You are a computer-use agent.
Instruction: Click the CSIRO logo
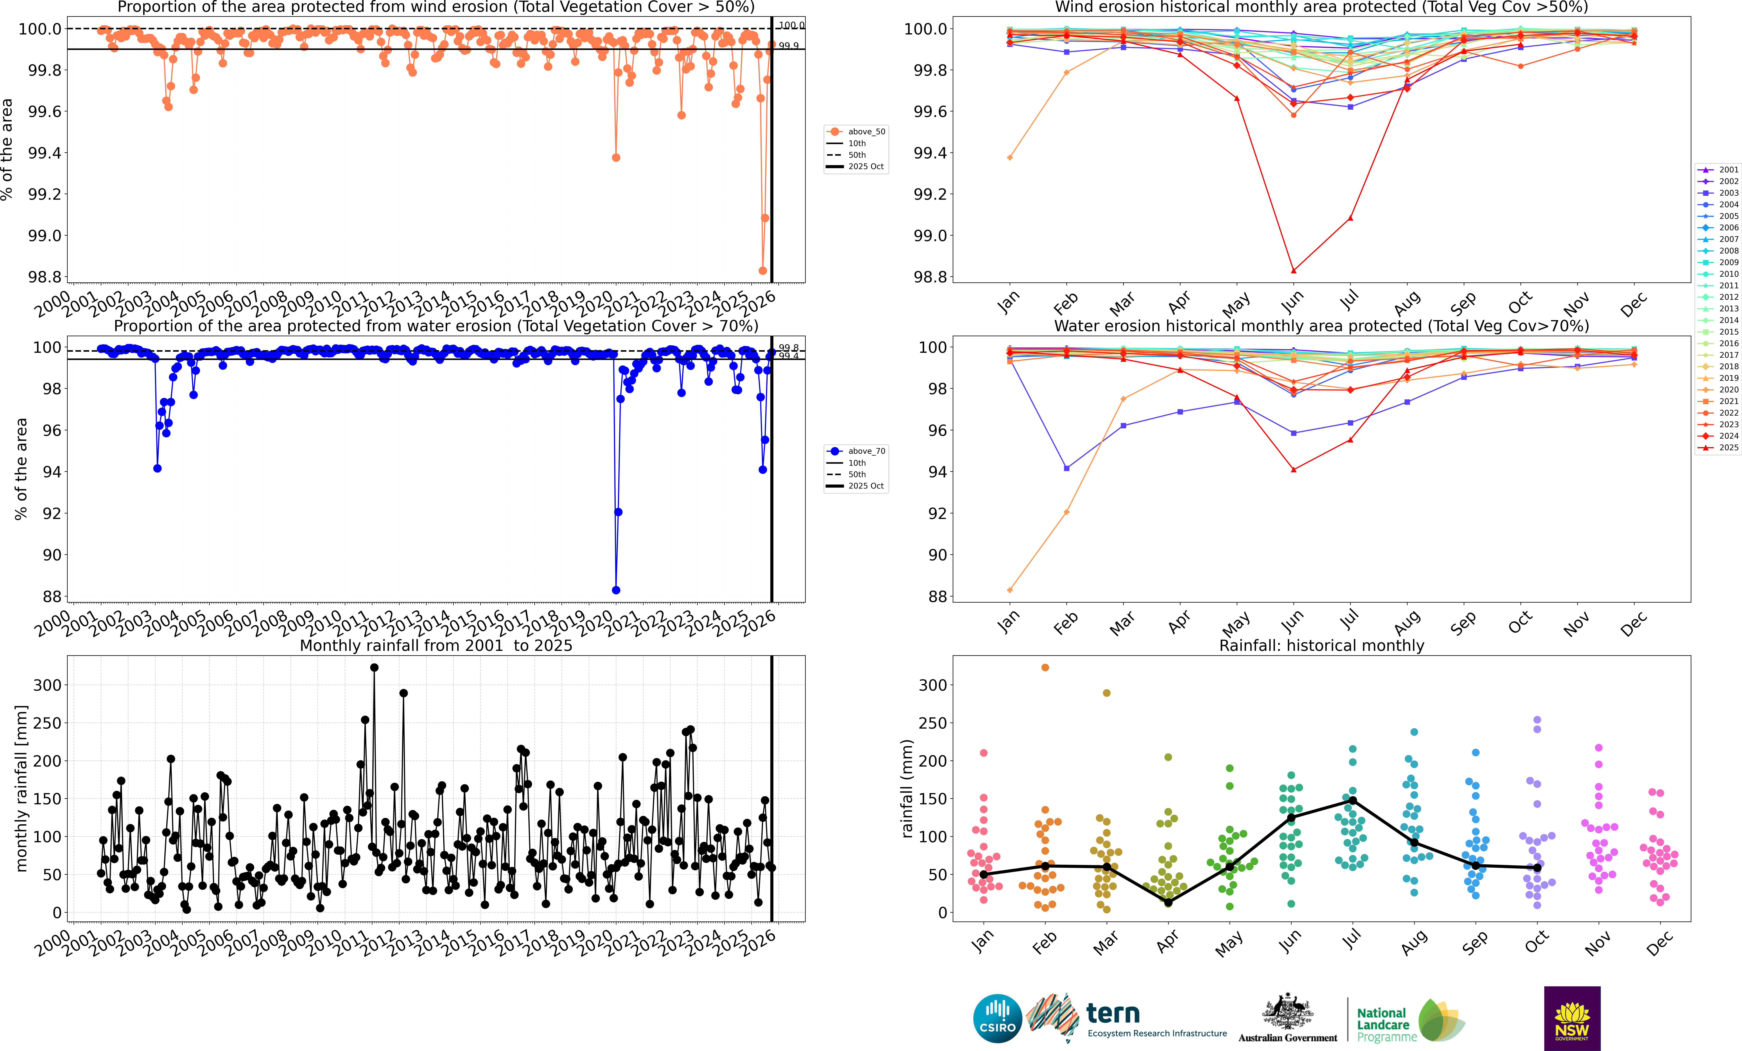tap(997, 1019)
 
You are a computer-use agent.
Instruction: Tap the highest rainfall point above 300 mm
tap(374, 667)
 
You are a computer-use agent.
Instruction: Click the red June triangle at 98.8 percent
tap(1293, 271)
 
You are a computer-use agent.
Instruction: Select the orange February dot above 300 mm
tap(1045, 667)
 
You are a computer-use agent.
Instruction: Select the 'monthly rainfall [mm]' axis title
tap(21, 788)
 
